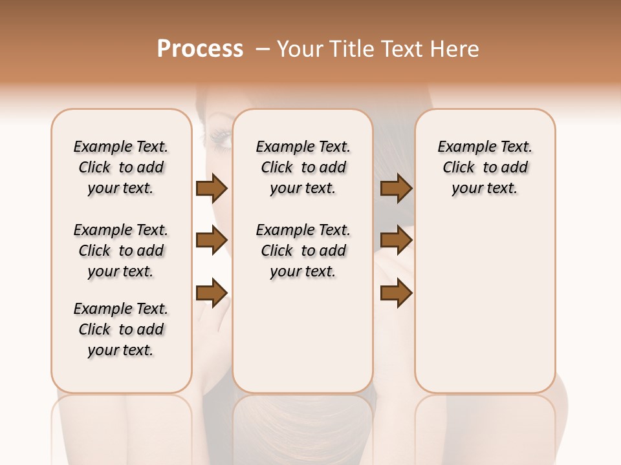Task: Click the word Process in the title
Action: pyautogui.click(x=200, y=48)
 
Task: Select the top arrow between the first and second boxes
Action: pyautogui.click(x=212, y=189)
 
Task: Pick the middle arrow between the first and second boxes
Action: pyautogui.click(x=212, y=241)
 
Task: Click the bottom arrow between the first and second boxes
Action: pyautogui.click(x=212, y=293)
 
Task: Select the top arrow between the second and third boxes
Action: pyautogui.click(x=396, y=189)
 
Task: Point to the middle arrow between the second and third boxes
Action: pyautogui.click(x=396, y=241)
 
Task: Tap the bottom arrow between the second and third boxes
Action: pyautogui.click(x=396, y=293)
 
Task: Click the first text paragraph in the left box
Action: pyautogui.click(x=121, y=167)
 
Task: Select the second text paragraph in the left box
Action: pyautogui.click(x=121, y=251)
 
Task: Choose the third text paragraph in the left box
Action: pyautogui.click(x=121, y=329)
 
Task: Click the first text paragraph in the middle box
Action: pyautogui.click(x=303, y=167)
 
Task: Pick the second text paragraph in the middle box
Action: pyautogui.click(x=303, y=251)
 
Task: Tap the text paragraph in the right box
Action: pyautogui.click(x=485, y=167)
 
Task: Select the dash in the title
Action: pyautogui.click(x=263, y=49)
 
